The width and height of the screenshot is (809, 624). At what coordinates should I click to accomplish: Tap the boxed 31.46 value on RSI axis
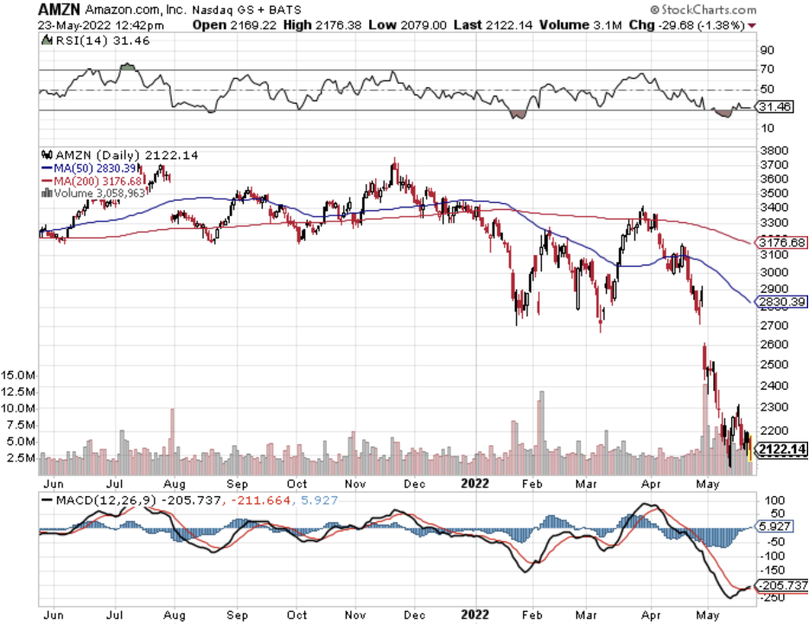pos(772,107)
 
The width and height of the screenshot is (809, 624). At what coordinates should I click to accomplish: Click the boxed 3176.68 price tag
pos(780,243)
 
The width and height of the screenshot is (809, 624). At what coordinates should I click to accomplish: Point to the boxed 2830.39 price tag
pos(780,302)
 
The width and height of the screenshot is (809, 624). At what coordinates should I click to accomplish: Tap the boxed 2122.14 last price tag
pos(780,449)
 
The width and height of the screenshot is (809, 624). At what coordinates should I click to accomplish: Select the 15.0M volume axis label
pos(19,377)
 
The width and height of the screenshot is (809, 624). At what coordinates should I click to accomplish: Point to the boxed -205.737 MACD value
pos(780,585)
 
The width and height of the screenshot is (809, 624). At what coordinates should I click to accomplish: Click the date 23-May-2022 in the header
pos(69,25)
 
